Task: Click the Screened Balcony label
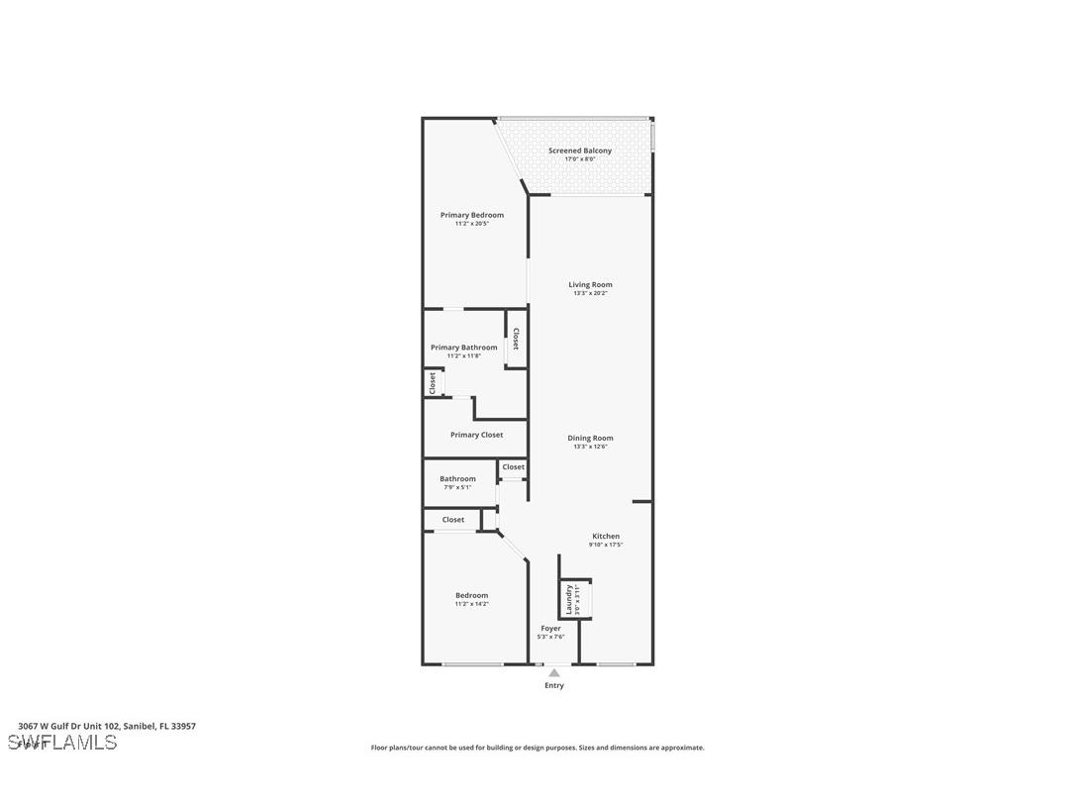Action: pyautogui.click(x=580, y=151)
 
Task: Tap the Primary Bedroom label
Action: pyautogui.click(x=472, y=215)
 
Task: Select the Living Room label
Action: pyautogui.click(x=590, y=284)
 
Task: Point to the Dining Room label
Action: pyautogui.click(x=590, y=438)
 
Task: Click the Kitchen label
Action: pyautogui.click(x=606, y=536)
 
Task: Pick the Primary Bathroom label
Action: pyautogui.click(x=464, y=348)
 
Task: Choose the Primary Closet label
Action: pyautogui.click(x=476, y=435)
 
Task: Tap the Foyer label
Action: pyautogui.click(x=550, y=628)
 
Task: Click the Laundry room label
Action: pyautogui.click(x=569, y=598)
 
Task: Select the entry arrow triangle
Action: pyautogui.click(x=554, y=673)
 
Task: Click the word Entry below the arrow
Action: pyautogui.click(x=554, y=685)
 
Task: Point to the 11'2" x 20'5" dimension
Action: pyautogui.click(x=472, y=224)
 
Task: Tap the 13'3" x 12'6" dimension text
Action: pyautogui.click(x=590, y=447)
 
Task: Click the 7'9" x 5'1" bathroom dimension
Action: pyautogui.click(x=457, y=487)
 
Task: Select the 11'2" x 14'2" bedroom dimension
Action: pyautogui.click(x=472, y=604)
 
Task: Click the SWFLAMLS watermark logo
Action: pyautogui.click(x=62, y=743)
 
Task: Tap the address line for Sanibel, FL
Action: pyautogui.click(x=107, y=726)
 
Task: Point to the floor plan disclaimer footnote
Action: pyautogui.click(x=537, y=748)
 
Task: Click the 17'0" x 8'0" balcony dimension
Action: pyautogui.click(x=580, y=159)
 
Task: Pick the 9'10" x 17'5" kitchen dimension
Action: pyautogui.click(x=606, y=545)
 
